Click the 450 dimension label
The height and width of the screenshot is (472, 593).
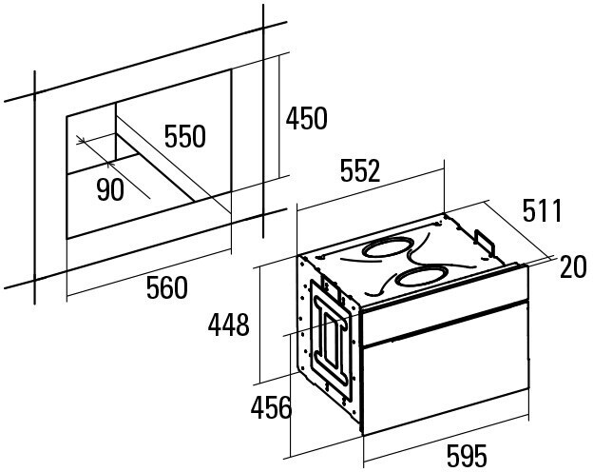pyautogui.click(x=307, y=119)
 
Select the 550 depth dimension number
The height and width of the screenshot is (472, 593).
pyautogui.click(x=184, y=137)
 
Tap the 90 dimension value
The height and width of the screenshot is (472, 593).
pyautogui.click(x=110, y=190)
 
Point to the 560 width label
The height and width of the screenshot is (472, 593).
pyautogui.click(x=166, y=286)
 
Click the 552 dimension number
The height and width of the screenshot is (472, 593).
pyautogui.click(x=359, y=171)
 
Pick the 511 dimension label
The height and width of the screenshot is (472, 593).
pyautogui.click(x=542, y=211)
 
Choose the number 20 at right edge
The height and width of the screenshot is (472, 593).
pyautogui.click(x=573, y=268)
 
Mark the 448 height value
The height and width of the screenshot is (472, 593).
pyautogui.click(x=229, y=325)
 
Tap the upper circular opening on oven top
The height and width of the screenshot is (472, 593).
pyautogui.click(x=385, y=248)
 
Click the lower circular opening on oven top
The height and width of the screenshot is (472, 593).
pyautogui.click(x=418, y=278)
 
